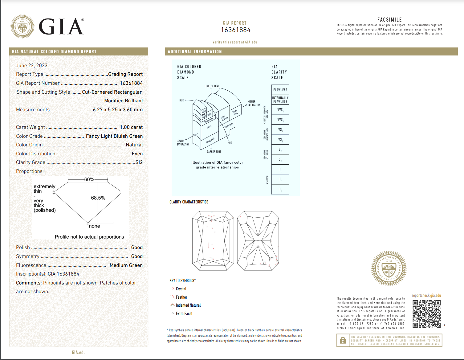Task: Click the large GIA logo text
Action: point(61,27)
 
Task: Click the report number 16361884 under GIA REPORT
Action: point(236,30)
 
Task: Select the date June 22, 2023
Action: point(32,65)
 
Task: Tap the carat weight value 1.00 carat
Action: point(131,127)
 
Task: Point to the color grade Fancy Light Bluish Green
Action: point(114,136)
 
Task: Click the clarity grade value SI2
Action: point(139,162)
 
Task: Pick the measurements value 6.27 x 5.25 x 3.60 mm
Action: point(118,109)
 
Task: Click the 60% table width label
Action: point(89,179)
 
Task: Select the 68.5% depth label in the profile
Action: point(98,198)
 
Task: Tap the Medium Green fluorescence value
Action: point(126,265)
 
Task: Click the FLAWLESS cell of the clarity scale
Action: point(280,90)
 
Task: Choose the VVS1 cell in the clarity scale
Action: point(280,110)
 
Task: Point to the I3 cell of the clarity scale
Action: point(280,190)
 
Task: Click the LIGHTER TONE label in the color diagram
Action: point(212,86)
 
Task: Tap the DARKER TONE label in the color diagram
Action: point(214,152)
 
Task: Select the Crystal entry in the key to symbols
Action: point(181,289)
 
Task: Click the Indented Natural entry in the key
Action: point(188,305)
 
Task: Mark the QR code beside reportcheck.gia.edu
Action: point(427,314)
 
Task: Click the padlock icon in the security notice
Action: point(343,341)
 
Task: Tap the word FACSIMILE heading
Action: point(389,20)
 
